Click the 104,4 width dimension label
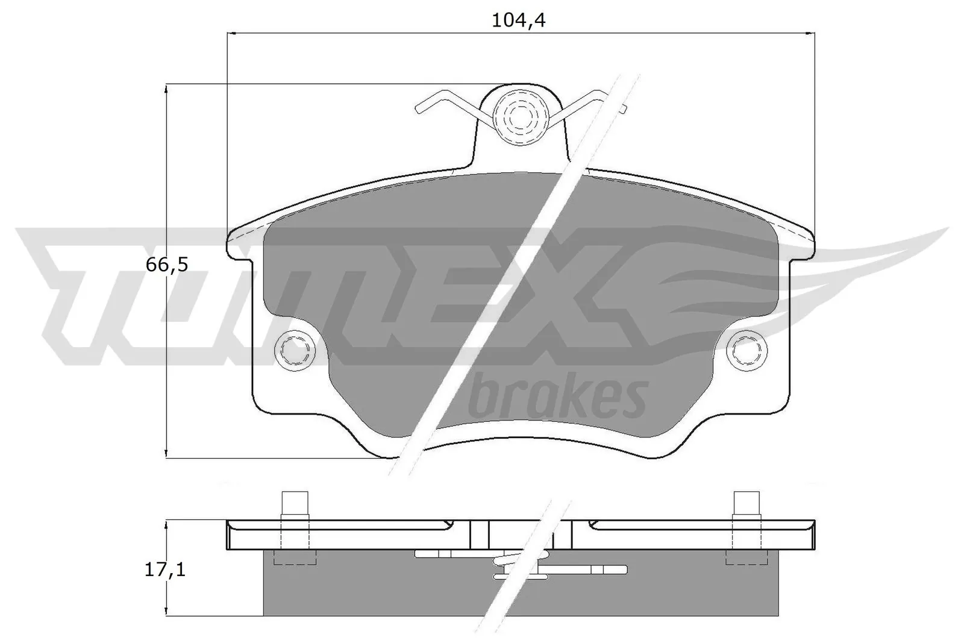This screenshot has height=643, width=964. click(518, 20)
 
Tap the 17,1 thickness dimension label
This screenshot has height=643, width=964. click(165, 569)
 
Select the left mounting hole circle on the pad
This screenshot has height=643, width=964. click(294, 349)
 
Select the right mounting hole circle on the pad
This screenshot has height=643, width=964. click(746, 349)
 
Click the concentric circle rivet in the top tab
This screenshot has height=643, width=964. click(518, 116)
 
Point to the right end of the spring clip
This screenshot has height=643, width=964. click(623, 108)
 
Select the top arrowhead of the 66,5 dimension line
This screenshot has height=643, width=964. click(166, 89)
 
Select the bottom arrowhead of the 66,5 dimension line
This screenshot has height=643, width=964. click(166, 453)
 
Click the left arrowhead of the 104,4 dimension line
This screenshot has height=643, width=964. click(232, 33)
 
